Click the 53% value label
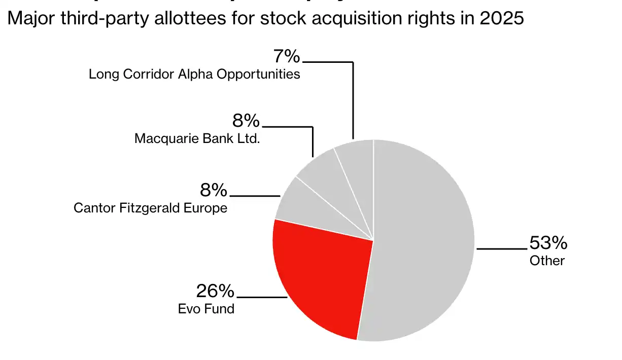click(x=548, y=243)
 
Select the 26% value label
click(x=215, y=291)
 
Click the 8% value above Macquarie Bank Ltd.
click(x=246, y=121)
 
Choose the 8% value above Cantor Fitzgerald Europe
click(x=214, y=190)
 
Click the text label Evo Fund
click(x=206, y=308)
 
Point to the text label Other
click(x=547, y=261)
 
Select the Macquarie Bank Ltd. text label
click(x=197, y=138)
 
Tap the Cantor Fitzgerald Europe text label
click(x=150, y=208)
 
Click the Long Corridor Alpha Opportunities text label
click(x=194, y=74)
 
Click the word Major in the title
click(x=28, y=18)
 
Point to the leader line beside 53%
click(x=501, y=249)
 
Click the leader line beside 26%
click(x=262, y=297)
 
